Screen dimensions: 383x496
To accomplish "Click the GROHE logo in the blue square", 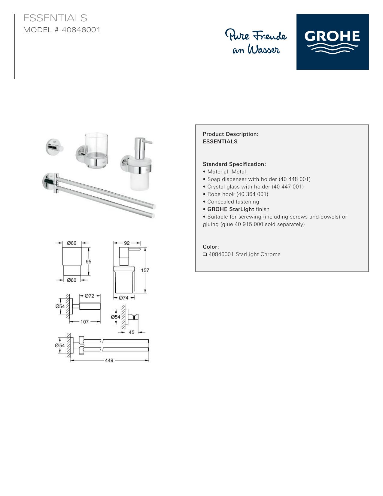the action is [x=332, y=42].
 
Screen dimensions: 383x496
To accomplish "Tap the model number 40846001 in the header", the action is [x=81, y=30].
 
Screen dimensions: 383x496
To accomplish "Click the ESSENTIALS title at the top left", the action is [x=55, y=18].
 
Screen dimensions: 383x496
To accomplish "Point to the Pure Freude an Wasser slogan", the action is [x=256, y=41].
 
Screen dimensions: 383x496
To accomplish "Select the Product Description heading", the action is [x=231, y=134].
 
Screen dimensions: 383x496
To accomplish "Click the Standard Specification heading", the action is [x=234, y=164].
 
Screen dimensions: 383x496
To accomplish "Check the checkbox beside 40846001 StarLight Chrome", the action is [x=205, y=254].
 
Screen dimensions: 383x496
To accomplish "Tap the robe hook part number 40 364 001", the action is [x=252, y=194].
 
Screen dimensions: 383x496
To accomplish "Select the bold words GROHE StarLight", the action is [x=231, y=209].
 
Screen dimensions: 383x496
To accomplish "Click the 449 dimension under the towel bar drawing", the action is [x=109, y=360].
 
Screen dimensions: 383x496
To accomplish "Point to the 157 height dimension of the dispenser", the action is [x=145, y=270].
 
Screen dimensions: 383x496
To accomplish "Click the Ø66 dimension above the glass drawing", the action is [x=71, y=243].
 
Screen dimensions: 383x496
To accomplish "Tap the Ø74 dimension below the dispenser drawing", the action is [x=123, y=298].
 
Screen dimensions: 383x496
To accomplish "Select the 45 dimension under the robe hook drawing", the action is [x=131, y=332].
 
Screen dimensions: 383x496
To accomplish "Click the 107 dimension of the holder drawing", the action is [x=84, y=322].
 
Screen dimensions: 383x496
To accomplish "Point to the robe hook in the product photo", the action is [x=54, y=147].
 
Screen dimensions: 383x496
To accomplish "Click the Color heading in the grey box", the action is [x=211, y=247].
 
